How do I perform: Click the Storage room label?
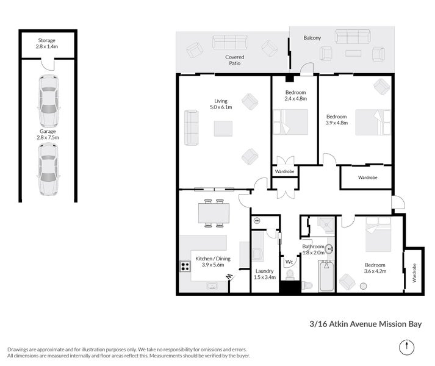coord(47,43)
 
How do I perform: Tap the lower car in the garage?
coord(48,173)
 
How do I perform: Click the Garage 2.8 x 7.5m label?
coord(48,134)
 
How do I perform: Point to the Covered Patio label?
coord(235,60)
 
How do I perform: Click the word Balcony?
coord(312,38)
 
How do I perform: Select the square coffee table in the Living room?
coord(223,129)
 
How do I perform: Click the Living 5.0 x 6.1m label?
coord(222,104)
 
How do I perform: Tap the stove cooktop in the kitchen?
coord(184,266)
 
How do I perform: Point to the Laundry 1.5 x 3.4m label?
coord(264,273)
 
